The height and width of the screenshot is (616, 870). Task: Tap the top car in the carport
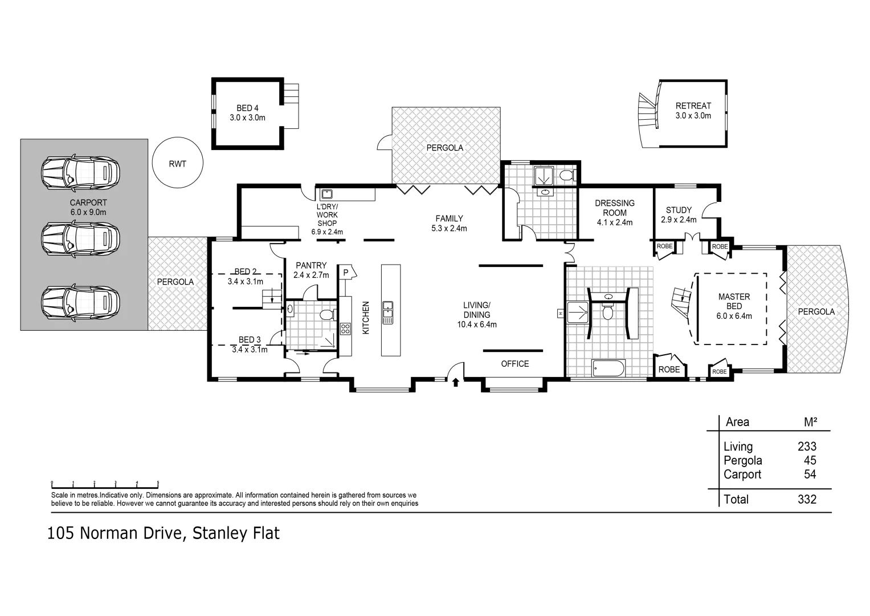click(x=81, y=173)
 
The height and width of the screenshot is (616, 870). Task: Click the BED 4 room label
click(x=247, y=108)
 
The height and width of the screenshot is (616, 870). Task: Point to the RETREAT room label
click(x=693, y=106)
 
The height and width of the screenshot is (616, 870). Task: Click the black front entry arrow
click(x=456, y=382)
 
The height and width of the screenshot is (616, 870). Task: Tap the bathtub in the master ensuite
click(x=608, y=368)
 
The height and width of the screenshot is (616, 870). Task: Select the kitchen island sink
click(x=387, y=313)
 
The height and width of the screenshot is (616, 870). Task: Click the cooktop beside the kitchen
click(x=345, y=329)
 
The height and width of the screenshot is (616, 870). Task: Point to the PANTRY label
click(x=311, y=266)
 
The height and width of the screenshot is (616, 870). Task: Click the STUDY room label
click(x=679, y=210)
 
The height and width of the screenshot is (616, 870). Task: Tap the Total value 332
click(x=807, y=499)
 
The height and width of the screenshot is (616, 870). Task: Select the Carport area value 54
click(x=810, y=475)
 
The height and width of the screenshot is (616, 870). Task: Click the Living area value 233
click(x=807, y=447)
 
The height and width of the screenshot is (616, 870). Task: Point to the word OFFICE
click(x=515, y=364)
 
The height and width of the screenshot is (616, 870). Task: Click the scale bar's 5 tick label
click(x=158, y=483)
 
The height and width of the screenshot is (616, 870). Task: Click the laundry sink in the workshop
click(x=326, y=194)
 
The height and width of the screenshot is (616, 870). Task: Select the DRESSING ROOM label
click(x=615, y=208)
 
